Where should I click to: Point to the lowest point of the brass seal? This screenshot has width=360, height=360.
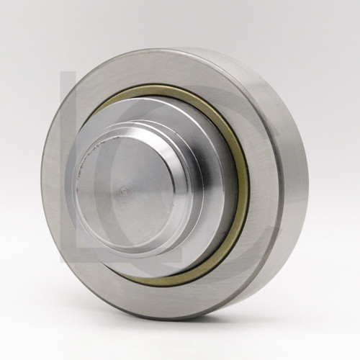click(155, 282)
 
